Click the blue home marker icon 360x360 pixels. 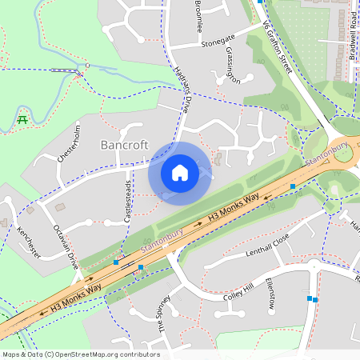180,172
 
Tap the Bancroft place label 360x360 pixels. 125,145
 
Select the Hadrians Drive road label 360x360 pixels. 183,87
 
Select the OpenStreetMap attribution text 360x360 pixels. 81,354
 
